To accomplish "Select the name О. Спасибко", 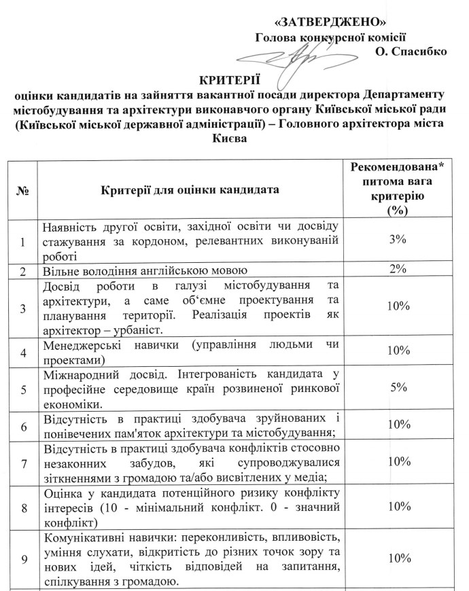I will point(410,52).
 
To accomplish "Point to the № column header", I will point(22,190).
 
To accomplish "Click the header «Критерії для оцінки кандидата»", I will point(190,190).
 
